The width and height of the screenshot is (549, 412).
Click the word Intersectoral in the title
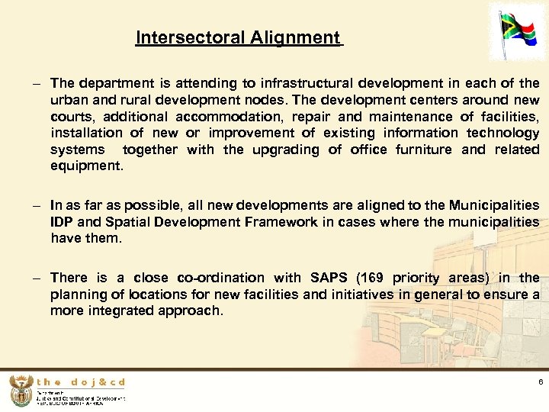[x=184, y=37]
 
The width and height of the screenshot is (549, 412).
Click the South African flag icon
[x=522, y=34]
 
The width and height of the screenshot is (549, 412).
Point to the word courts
[x=72, y=117]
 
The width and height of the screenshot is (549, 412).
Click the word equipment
[x=85, y=166]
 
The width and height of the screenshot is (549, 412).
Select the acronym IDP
[x=63, y=222]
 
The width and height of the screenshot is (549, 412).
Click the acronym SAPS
[x=328, y=278]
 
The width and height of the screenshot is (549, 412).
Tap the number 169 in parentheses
[x=371, y=278]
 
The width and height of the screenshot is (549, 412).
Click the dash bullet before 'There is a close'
[x=36, y=278]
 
